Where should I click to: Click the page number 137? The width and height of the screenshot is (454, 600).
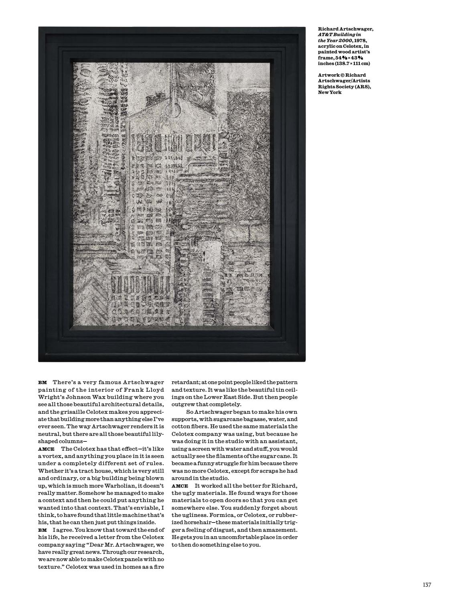tap(427, 585)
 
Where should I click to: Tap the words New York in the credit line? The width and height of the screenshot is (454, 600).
tap(330, 92)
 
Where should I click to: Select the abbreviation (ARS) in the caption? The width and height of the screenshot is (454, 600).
tap(361, 87)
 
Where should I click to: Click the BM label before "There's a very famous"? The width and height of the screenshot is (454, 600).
tap(42, 382)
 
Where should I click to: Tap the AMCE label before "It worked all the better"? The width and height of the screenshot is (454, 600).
tap(180, 486)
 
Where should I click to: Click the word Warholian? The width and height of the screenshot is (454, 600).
tap(102, 486)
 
